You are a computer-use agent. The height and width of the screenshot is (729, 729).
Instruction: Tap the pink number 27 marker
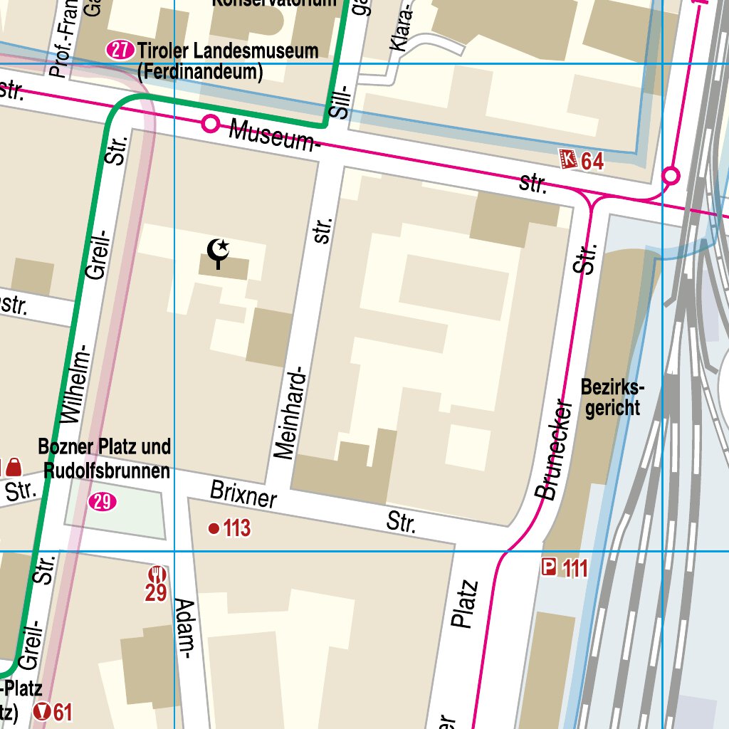(120, 51)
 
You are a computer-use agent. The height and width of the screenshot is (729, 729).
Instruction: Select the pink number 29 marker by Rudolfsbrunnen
(103, 503)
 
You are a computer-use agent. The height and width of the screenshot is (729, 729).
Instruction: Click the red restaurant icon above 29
(157, 574)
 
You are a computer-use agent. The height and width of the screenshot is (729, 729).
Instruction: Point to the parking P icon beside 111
(549, 567)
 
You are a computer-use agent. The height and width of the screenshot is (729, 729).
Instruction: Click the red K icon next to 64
(568, 159)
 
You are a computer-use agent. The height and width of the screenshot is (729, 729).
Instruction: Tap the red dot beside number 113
(213, 528)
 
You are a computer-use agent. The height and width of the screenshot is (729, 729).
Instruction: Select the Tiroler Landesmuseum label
(228, 51)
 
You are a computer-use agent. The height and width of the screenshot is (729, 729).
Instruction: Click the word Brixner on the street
(243, 495)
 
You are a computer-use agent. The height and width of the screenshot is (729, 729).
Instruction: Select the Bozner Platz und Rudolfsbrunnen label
(105, 458)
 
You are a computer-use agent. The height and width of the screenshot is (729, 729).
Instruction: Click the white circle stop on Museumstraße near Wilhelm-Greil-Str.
(210, 124)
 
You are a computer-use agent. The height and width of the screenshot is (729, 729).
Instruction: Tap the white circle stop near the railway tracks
(671, 174)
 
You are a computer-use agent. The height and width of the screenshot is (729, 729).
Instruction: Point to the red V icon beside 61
(43, 711)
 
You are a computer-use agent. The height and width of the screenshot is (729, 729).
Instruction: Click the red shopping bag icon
(14, 467)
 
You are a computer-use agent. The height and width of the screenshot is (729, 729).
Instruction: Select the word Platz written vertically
(464, 605)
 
